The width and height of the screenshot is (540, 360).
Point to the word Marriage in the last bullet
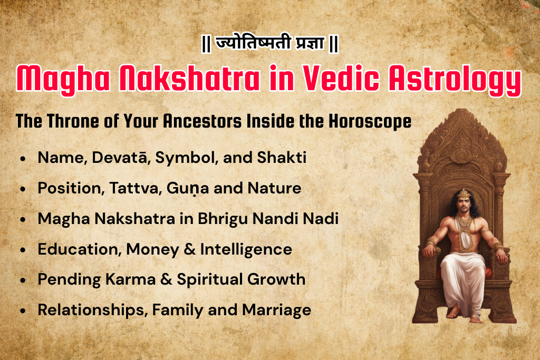[x=276, y=310]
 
